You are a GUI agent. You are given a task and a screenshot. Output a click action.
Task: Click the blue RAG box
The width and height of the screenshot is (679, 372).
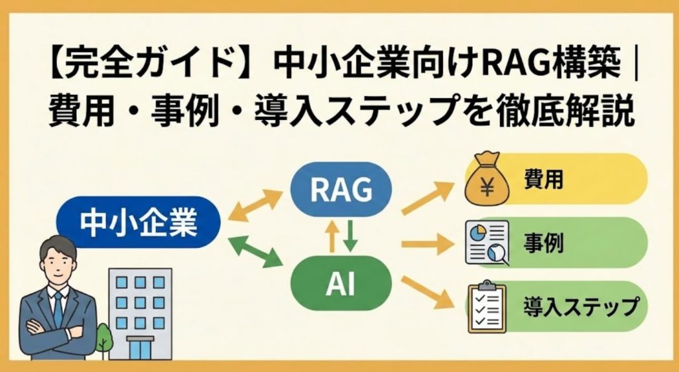tap(340, 190)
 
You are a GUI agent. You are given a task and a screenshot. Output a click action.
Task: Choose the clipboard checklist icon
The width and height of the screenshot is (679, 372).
tap(487, 307)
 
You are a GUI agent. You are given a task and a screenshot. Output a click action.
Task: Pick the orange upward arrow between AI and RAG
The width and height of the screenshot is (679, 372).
tap(330, 236)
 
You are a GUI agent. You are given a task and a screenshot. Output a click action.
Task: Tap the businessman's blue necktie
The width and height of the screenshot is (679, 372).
tap(58, 308)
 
